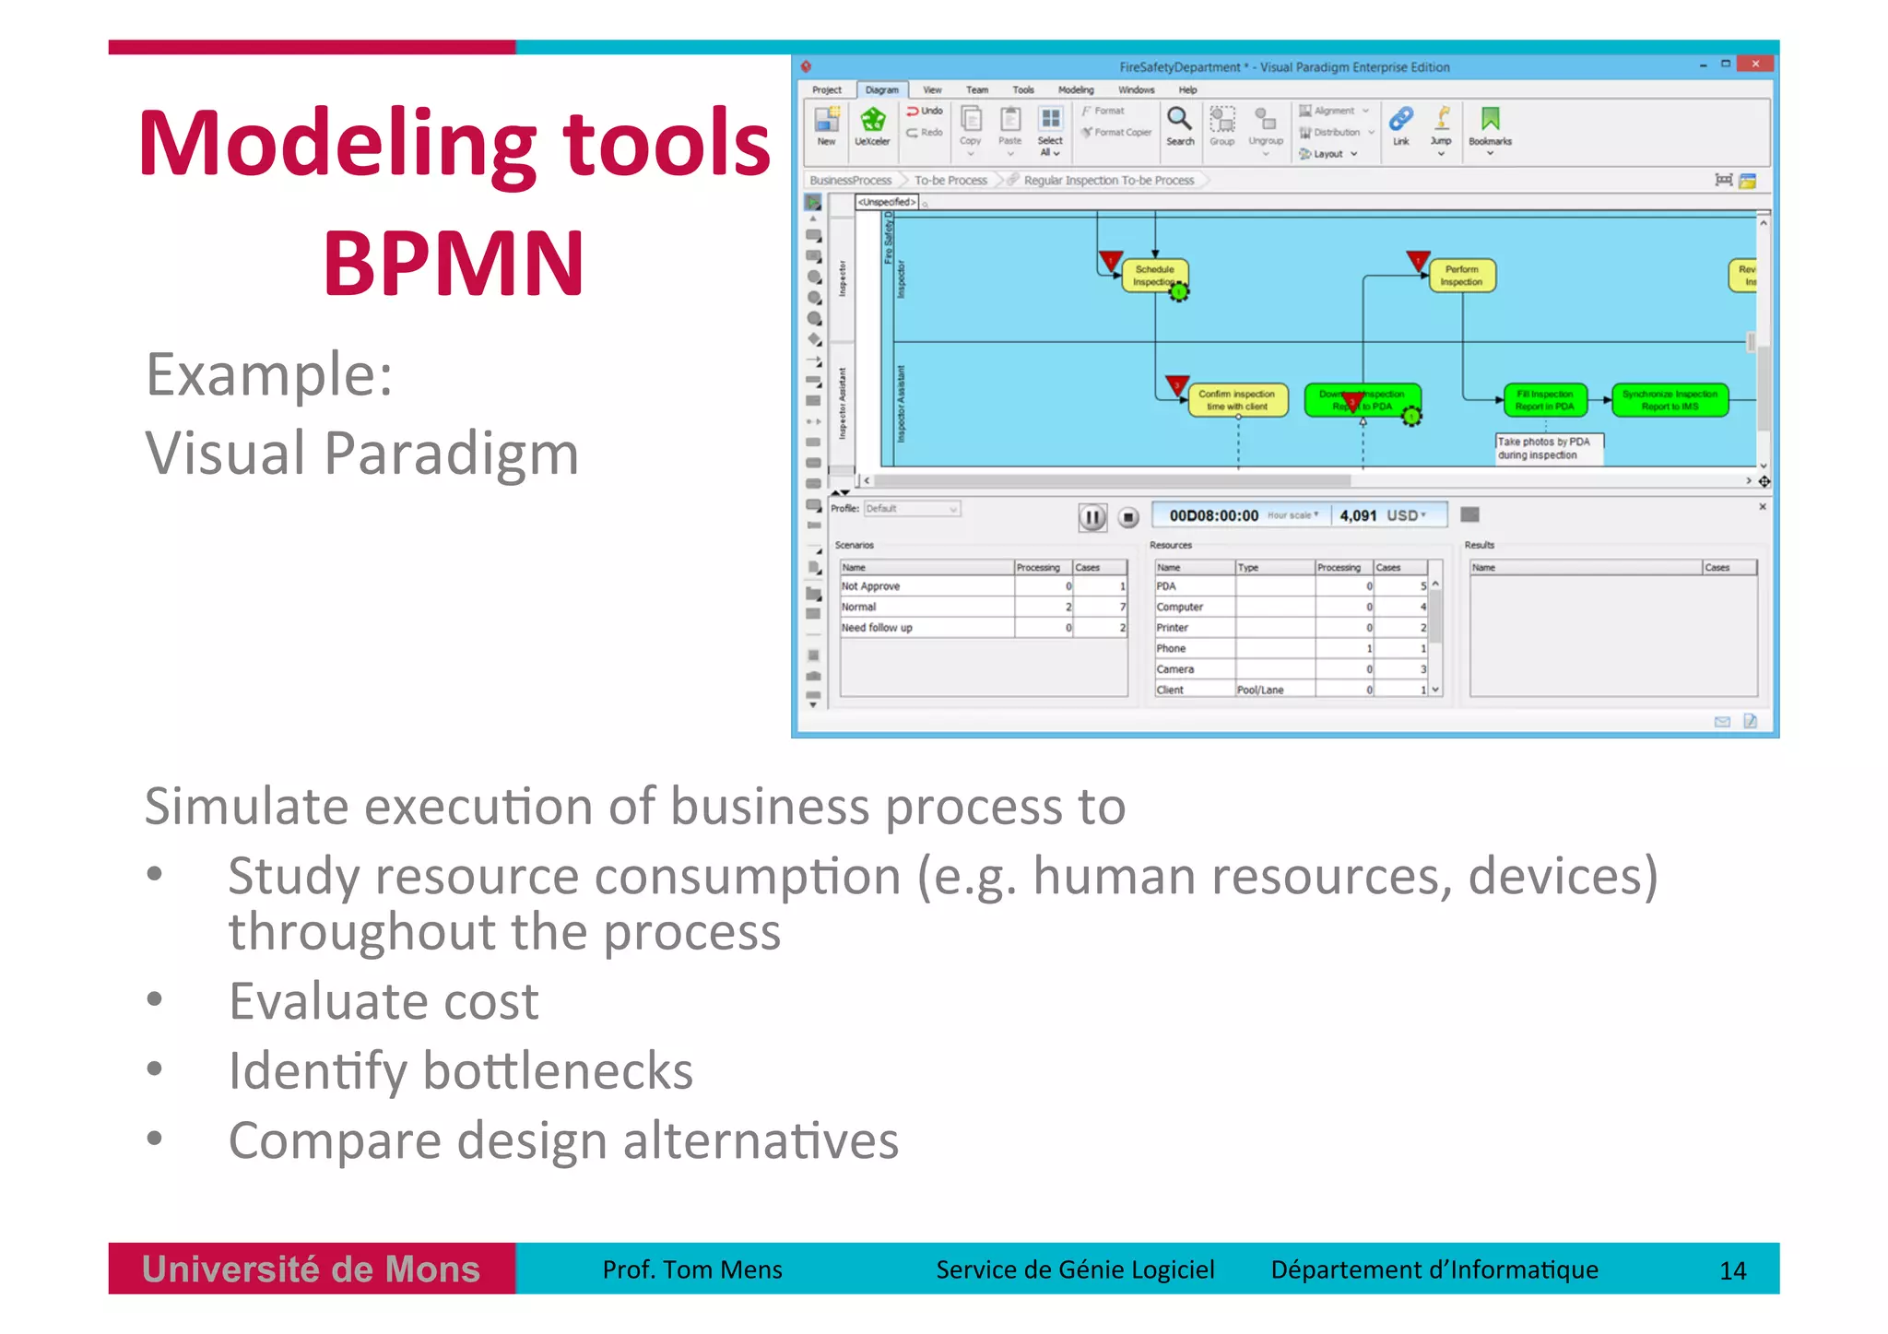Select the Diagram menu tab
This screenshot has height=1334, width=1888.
[881, 89]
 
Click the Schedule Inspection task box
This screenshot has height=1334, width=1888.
[1154, 275]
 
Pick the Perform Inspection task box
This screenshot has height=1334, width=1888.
[1461, 275]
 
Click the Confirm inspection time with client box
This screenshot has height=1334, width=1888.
[1236, 400]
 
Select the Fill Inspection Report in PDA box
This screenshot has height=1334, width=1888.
[1545, 400]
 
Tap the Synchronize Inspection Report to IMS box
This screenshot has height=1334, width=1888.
[1670, 400]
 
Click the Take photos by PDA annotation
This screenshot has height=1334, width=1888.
[1549, 448]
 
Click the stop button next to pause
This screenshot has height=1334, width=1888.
[1128, 517]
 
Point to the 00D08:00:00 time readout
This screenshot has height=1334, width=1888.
[1213, 515]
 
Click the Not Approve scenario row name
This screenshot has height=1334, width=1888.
[870, 586]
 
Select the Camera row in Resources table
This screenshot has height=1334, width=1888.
[1175, 669]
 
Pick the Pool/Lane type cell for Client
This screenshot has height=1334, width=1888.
[1260, 690]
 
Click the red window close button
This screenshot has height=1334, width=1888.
[1754, 64]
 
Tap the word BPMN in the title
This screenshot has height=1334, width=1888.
[454, 264]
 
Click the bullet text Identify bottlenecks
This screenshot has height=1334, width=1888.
[461, 1071]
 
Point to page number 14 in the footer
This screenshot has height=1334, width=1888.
[1732, 1270]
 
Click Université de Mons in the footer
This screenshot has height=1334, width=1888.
[312, 1269]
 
